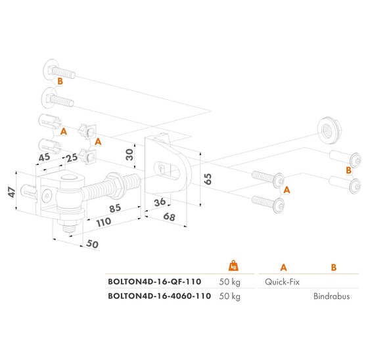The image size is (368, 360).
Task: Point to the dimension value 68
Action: click(170, 216)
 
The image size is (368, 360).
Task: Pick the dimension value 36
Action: click(159, 204)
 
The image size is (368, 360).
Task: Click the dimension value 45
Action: click(44, 157)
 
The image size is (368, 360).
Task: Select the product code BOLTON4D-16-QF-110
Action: click(155, 281)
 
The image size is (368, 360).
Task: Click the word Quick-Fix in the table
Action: click(283, 281)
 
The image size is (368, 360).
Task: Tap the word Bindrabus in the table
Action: click(332, 296)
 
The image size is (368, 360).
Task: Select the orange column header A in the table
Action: click(283, 267)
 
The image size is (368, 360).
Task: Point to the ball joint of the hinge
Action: click(67, 197)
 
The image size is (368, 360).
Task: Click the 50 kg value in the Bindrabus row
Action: click(230, 296)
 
